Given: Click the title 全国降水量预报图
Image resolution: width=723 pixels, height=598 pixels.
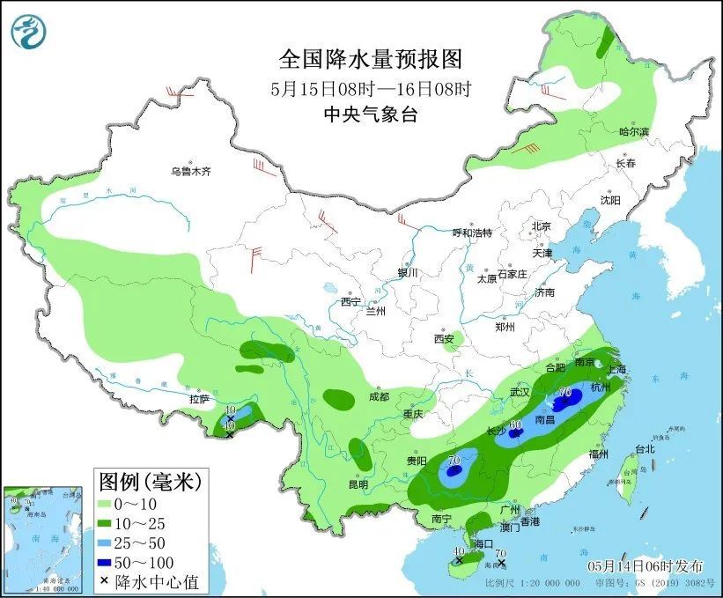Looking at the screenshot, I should (x=370, y=59).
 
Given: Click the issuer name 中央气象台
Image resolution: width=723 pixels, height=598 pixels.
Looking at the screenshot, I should (x=370, y=114).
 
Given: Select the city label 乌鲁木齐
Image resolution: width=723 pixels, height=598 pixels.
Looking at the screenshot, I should (x=191, y=171).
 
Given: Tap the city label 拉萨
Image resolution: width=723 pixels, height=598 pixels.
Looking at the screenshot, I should (x=199, y=399).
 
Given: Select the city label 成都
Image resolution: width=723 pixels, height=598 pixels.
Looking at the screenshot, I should (x=379, y=396).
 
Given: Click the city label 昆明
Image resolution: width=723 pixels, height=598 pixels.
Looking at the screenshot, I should (x=358, y=484).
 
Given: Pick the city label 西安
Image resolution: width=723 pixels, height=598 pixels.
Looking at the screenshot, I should (x=443, y=338).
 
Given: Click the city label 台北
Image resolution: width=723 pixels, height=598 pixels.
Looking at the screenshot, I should (x=644, y=448).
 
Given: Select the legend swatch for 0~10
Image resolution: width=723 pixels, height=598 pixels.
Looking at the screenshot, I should (x=112, y=504).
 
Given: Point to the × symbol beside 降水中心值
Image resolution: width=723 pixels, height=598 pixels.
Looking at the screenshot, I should (x=106, y=581).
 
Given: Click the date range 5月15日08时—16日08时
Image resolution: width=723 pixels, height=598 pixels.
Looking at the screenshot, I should (x=370, y=88).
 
